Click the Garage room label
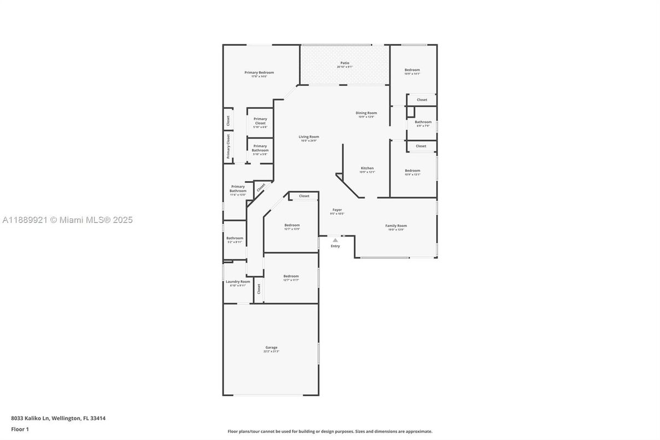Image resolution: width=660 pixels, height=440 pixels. tap(271, 348)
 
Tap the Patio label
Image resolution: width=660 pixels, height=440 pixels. tap(344, 63)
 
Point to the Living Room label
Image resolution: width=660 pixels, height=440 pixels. tap(308, 137)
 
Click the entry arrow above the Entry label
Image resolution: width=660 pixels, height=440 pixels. tap(335, 240)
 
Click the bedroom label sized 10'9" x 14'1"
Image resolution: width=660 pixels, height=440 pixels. tap(412, 71)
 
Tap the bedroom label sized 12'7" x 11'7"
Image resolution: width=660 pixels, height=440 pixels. tap(291, 277)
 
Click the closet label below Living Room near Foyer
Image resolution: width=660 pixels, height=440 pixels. tap(304, 196)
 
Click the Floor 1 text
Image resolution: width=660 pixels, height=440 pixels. tap(20, 429)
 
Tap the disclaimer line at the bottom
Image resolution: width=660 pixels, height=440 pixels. tap(330, 431)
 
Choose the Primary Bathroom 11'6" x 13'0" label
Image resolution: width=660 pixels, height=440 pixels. tap(238, 189)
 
